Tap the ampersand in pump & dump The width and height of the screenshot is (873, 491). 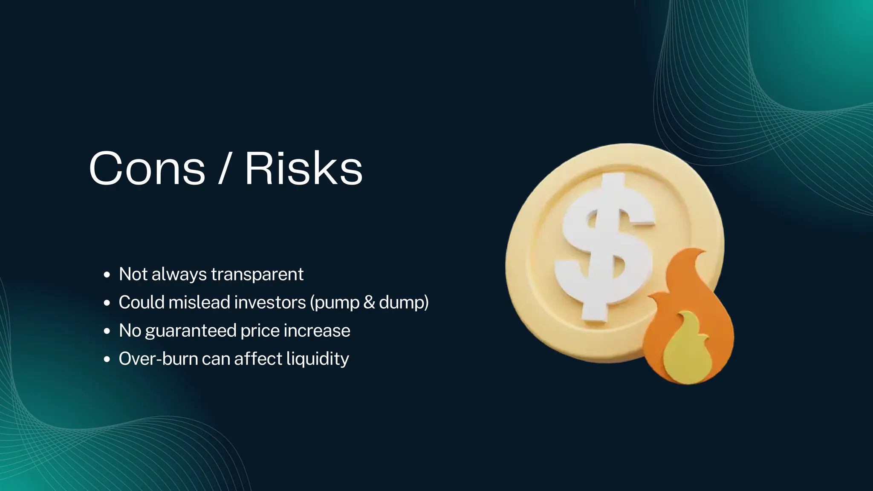point(369,302)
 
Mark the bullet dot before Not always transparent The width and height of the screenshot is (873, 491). point(107,275)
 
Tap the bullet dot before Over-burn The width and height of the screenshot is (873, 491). point(107,359)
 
